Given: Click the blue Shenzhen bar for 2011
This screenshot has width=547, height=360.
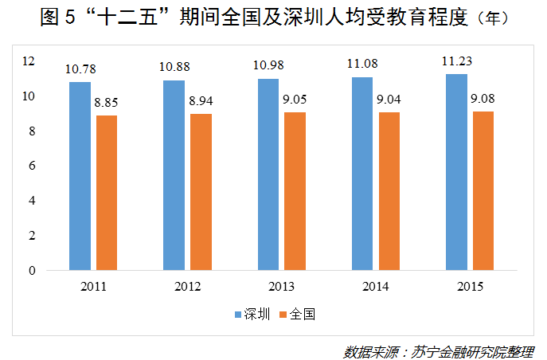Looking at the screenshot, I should [80, 176].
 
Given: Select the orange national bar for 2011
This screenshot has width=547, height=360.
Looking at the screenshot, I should [107, 193].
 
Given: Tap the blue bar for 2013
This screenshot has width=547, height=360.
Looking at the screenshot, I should [268, 174].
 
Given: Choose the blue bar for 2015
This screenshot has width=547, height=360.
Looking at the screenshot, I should [456, 172].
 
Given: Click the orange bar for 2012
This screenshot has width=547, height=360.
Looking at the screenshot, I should [201, 192].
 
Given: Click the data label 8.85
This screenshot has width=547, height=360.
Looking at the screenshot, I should [107, 103].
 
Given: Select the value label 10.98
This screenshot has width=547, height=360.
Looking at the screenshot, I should [268, 65].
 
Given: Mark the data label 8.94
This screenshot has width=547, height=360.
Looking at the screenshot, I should [201, 101].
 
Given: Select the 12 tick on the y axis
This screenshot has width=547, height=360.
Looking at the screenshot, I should [29, 61].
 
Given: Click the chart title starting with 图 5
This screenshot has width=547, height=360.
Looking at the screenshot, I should [273, 18].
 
